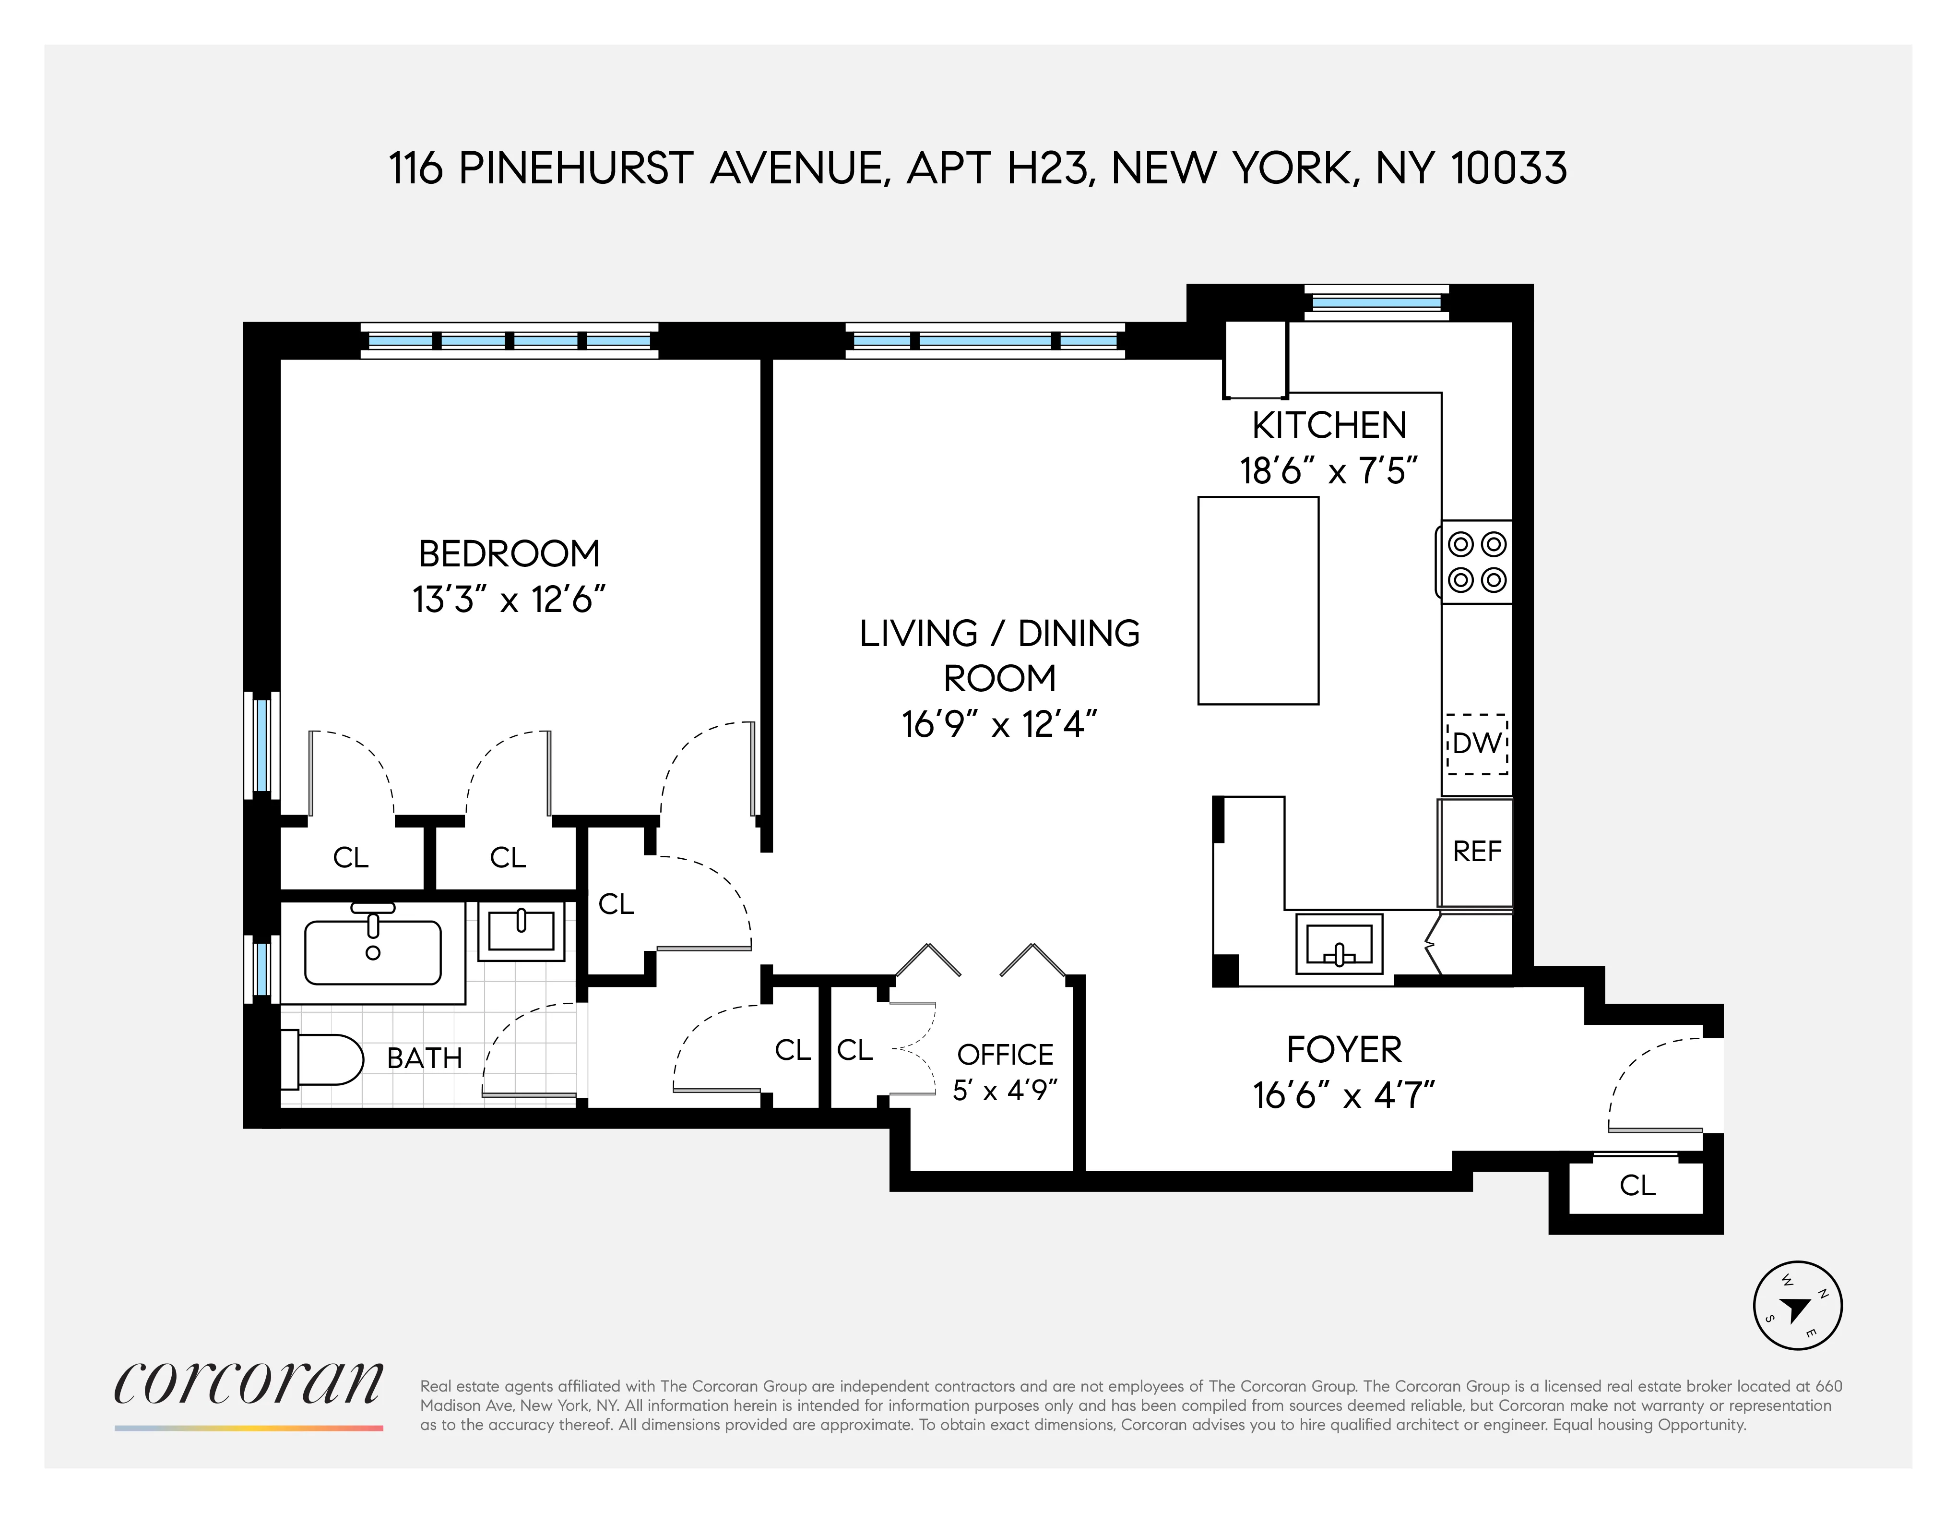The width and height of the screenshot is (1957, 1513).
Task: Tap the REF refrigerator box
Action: pyautogui.click(x=1476, y=852)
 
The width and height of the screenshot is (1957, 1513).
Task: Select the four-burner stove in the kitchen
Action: pyautogui.click(x=1476, y=562)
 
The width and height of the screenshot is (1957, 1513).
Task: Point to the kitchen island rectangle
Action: pyautogui.click(x=1258, y=600)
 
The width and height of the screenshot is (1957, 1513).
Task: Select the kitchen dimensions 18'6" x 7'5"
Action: pyautogui.click(x=1329, y=470)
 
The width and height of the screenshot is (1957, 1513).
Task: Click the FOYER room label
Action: pyautogui.click(x=1344, y=1050)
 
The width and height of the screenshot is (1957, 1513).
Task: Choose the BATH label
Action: pyautogui.click(x=425, y=1058)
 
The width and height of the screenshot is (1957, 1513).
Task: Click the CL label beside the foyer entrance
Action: pyautogui.click(x=1637, y=1186)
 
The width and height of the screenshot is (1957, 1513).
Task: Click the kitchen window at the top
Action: pyautogui.click(x=1376, y=303)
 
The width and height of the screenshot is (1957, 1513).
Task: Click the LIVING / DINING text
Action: pyautogui.click(x=999, y=634)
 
